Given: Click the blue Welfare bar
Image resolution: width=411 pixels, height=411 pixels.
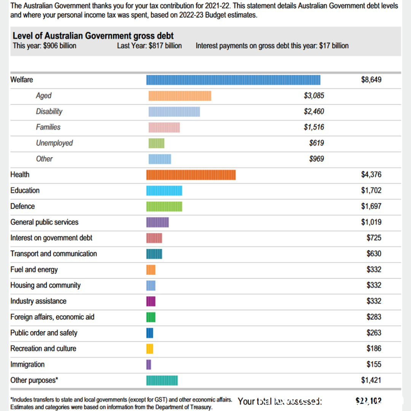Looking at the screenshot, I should point(233,80).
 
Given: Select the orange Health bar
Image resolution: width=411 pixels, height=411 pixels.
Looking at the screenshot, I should point(191,175).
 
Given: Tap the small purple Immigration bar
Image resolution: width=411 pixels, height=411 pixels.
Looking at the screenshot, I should point(149,365).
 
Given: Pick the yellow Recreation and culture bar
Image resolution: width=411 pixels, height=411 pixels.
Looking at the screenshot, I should point(150,349).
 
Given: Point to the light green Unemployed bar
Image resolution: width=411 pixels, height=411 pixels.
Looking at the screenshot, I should point(156,143).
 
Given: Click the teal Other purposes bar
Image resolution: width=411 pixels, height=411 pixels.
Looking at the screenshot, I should point(162,380).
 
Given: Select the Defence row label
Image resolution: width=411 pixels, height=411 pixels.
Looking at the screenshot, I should point(22,206).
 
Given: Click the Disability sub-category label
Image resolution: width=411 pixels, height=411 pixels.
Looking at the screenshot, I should point(49,112).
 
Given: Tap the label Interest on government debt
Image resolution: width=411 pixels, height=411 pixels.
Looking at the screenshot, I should point(51,238).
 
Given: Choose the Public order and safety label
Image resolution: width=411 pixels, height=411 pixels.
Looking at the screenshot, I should point(44,333).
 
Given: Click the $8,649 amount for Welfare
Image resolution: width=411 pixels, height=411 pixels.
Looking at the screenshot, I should point(371,80).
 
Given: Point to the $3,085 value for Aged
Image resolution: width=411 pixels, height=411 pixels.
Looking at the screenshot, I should point(314,96).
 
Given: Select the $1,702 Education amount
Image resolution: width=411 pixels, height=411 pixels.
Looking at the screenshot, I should point(371,191).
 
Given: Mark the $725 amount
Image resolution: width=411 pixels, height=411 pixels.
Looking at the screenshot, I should point(374,238).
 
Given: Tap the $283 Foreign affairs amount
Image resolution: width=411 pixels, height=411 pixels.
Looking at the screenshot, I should point(374,317).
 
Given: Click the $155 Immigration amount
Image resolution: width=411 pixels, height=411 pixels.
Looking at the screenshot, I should point(374,365).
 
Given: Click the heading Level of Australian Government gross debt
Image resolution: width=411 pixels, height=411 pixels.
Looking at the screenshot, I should point(93,36).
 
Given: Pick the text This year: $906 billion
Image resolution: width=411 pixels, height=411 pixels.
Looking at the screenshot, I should point(45,46).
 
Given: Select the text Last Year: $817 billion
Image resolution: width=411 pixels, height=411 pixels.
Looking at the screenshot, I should point(149,46).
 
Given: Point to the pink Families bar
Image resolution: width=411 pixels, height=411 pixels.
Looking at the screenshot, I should point(164,127).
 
